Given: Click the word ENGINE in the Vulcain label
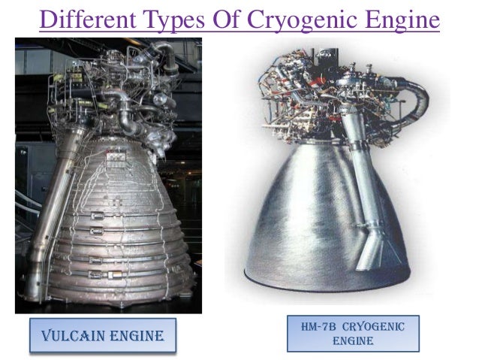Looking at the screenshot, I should point(132,334).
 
